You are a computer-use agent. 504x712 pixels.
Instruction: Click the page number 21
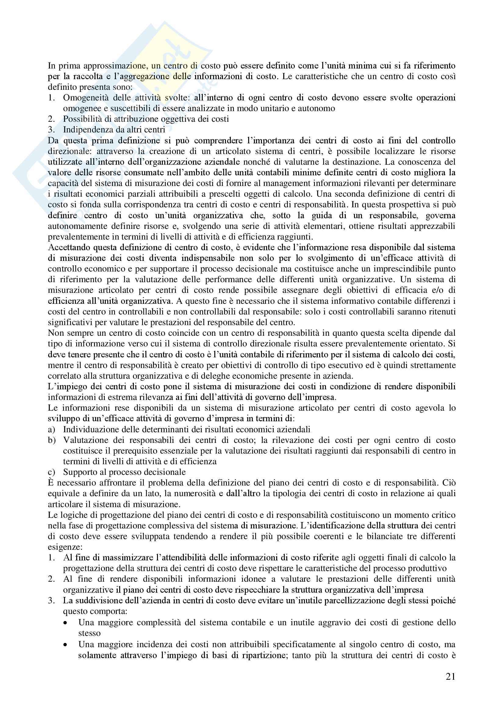pos(450,676)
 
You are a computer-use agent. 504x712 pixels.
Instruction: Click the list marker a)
pos(52,430)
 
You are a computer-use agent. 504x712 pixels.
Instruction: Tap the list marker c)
pos(51,472)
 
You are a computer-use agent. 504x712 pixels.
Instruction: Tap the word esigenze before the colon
pos(64,547)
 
